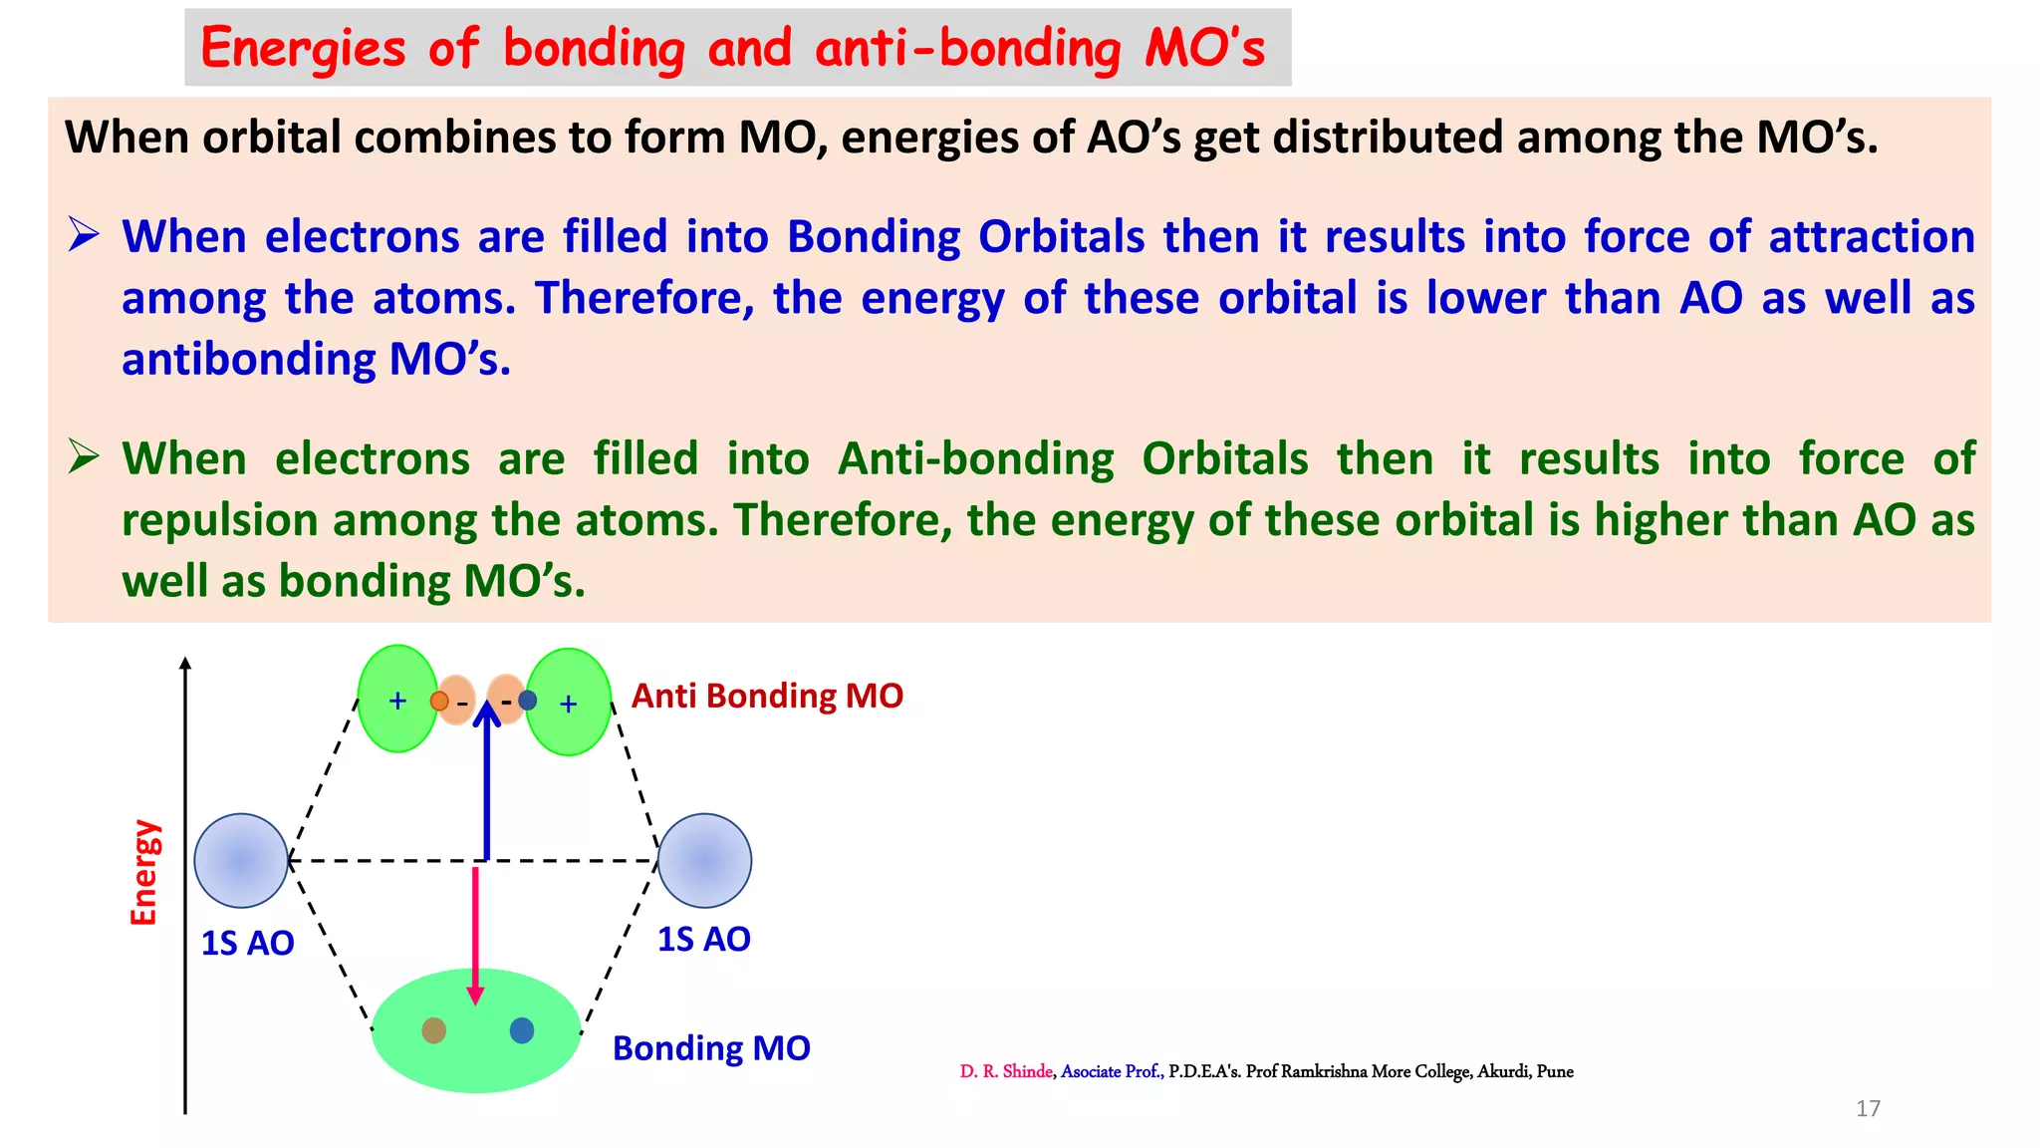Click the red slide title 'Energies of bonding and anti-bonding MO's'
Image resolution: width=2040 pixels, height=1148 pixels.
[733, 48]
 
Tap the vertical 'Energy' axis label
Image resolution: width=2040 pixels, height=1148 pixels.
[145, 872]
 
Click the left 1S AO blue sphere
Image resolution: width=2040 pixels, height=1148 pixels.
[241, 860]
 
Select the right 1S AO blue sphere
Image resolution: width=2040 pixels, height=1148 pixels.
[704, 860]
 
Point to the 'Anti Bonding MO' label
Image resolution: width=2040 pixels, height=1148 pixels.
[767, 696]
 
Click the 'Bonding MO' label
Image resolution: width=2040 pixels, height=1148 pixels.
[711, 1048]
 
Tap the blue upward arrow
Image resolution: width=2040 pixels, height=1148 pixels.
[486, 787]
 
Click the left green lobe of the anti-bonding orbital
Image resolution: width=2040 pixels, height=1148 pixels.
[396, 700]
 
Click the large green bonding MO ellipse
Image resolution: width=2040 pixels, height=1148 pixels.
[476, 1056]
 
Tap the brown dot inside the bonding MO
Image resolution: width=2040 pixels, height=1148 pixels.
[433, 1030]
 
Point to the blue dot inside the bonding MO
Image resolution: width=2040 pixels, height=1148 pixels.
[522, 1030]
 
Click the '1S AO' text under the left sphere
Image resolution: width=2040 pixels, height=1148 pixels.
[247, 943]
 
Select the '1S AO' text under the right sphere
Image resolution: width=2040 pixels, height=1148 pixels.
[703, 939]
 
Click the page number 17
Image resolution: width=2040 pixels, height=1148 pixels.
[1868, 1108]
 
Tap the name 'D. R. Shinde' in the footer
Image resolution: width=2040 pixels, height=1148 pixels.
[1005, 1071]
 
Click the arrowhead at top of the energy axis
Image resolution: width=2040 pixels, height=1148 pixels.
[185, 664]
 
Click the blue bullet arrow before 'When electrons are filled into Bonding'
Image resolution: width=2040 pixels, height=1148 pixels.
[84, 235]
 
